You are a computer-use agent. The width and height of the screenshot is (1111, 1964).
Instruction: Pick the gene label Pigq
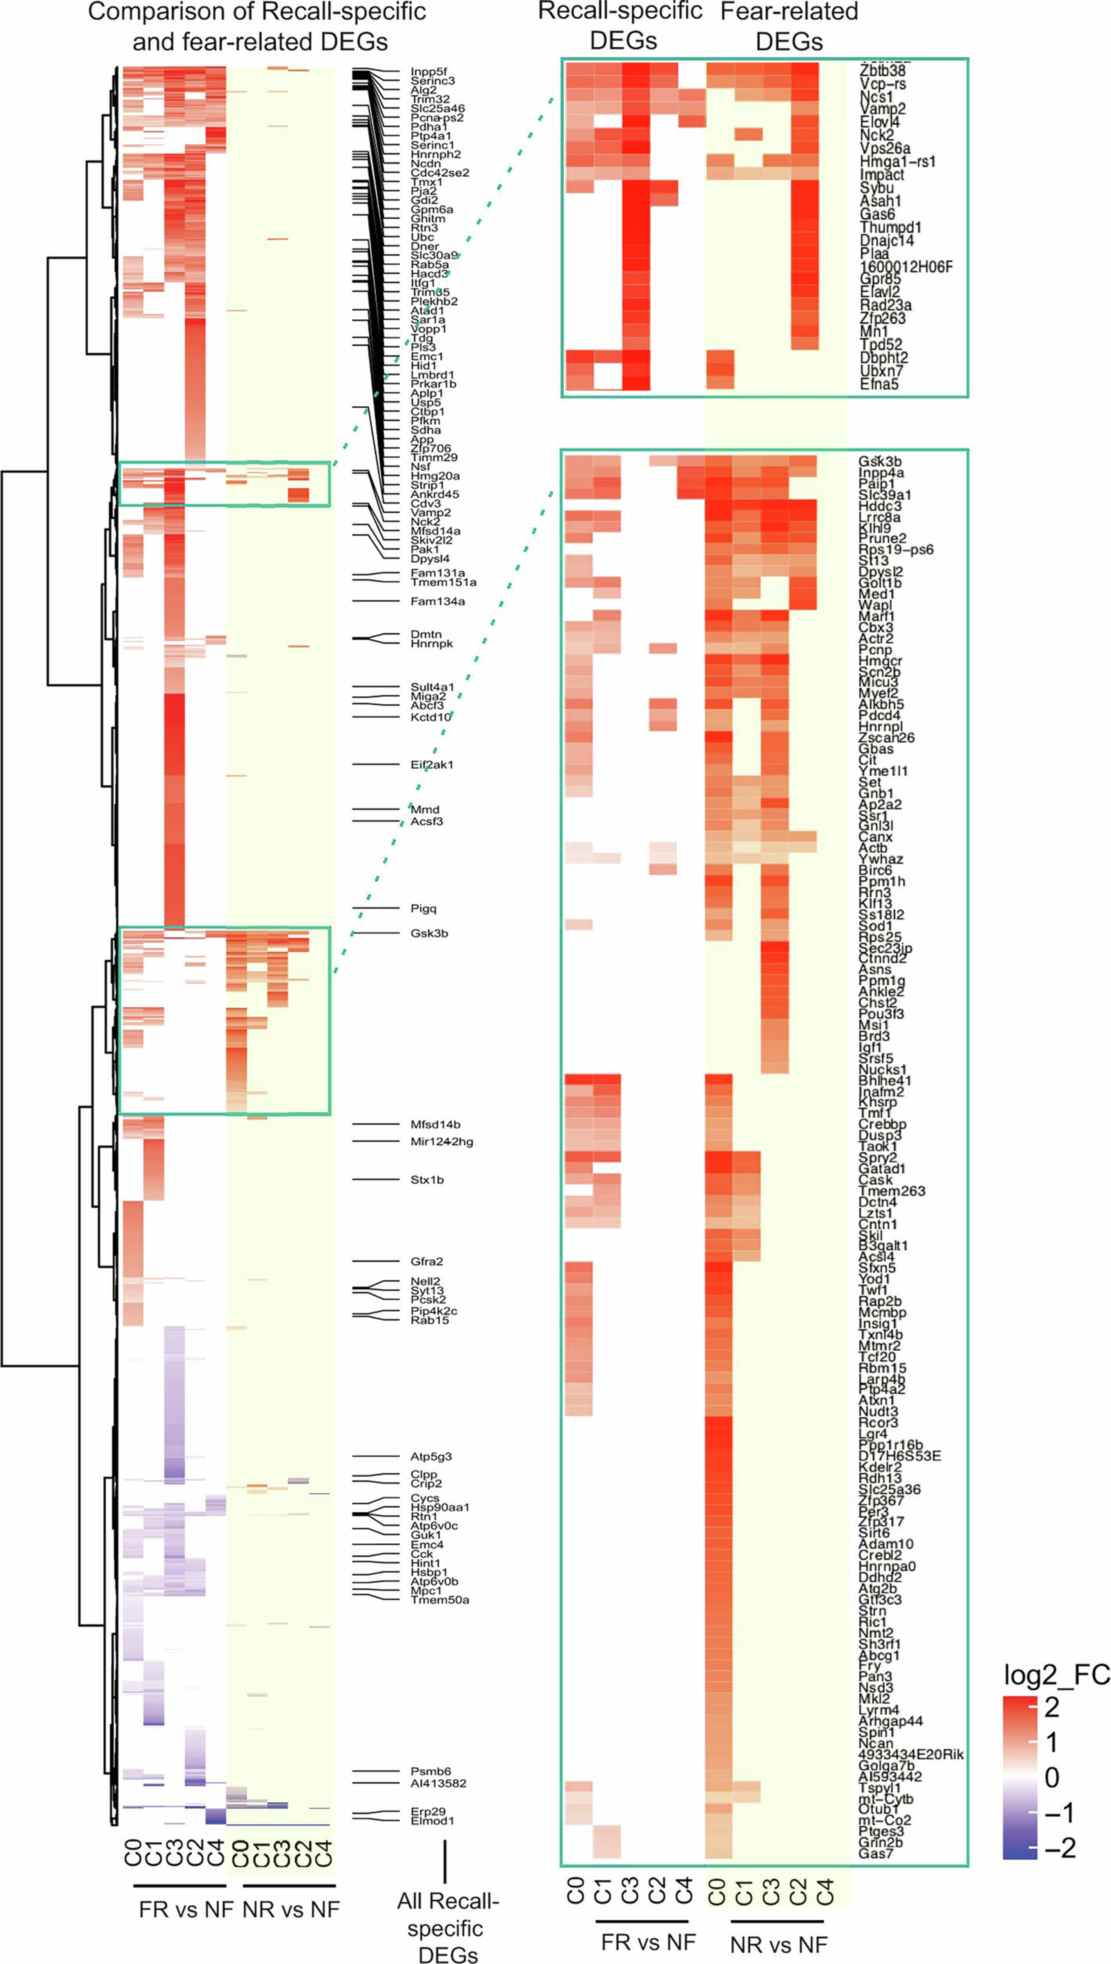pos(424,908)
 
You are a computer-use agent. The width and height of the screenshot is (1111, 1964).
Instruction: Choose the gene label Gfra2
pos(427,1261)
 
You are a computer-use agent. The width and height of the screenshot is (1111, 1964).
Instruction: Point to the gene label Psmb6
pos(430,1771)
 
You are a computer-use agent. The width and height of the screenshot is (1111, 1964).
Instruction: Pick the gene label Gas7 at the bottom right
pos(875,1853)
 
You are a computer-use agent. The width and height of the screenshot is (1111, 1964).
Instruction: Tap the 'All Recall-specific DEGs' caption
pos(447,1927)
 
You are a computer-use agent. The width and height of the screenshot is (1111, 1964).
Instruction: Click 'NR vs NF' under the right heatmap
pos(778,1944)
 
